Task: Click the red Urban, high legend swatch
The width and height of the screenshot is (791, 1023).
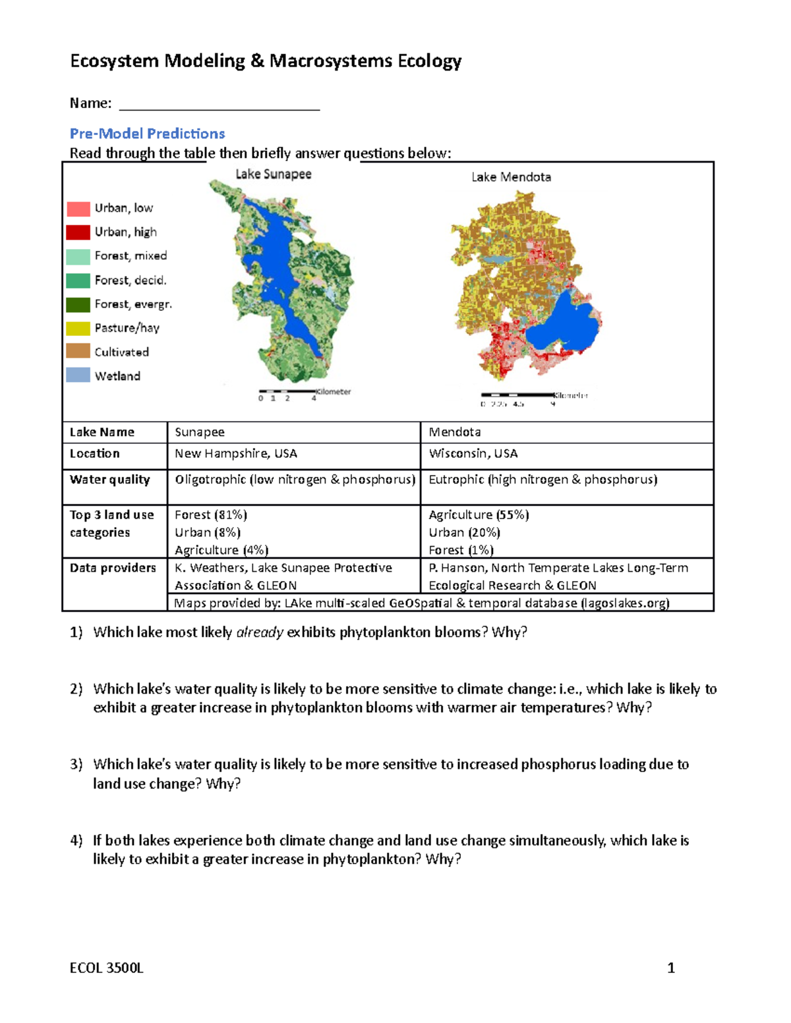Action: click(x=78, y=232)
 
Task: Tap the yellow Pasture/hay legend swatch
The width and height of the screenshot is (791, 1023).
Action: click(x=78, y=328)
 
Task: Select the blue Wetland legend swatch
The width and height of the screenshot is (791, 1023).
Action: click(x=78, y=375)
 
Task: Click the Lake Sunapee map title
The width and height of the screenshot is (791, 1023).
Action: click(x=274, y=174)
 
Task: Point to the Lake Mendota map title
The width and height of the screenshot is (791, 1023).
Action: click(x=511, y=177)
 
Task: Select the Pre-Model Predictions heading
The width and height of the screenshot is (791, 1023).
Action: click(x=147, y=133)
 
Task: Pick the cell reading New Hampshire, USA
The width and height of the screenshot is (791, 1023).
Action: click(x=235, y=453)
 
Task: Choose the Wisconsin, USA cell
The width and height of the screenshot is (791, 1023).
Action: click(x=473, y=453)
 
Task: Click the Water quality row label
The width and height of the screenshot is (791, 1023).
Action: click(x=109, y=480)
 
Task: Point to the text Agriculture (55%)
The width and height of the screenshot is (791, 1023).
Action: click(x=479, y=514)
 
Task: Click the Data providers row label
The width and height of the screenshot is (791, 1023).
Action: click(x=113, y=568)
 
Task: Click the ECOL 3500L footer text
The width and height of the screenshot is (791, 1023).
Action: click(x=106, y=968)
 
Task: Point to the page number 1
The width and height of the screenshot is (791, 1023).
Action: click(x=671, y=968)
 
